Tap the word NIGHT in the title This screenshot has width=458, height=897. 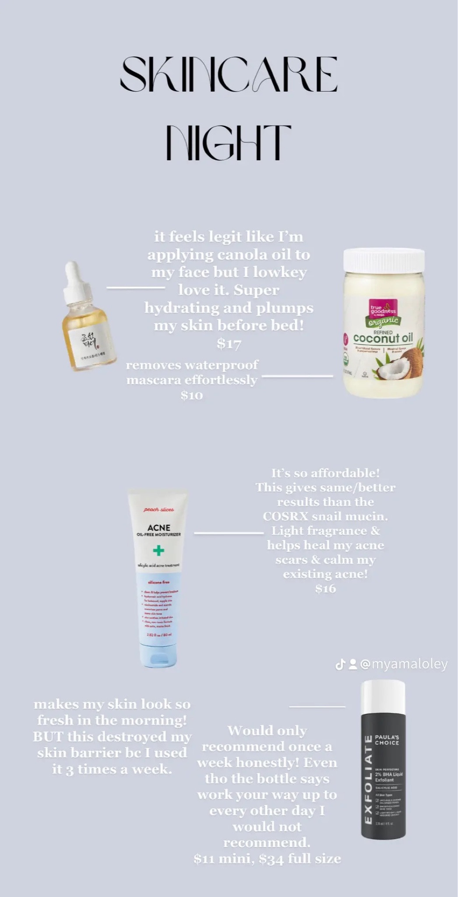[229, 142]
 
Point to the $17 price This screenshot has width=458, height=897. [229, 344]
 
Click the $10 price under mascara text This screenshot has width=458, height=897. [191, 396]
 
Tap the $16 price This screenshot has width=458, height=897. [325, 589]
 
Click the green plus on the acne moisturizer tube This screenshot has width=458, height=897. [159, 551]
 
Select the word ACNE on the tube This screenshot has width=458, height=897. [159, 528]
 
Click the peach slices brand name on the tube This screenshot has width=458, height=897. [159, 509]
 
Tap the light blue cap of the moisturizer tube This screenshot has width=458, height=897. [159, 657]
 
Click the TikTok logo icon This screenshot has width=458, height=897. [340, 664]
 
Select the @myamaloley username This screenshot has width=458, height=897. [404, 664]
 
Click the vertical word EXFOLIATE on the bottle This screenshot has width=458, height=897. [369, 780]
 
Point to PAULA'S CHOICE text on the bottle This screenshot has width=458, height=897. [387, 740]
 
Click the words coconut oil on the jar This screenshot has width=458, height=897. [383, 338]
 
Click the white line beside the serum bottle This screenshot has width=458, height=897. [136, 288]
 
